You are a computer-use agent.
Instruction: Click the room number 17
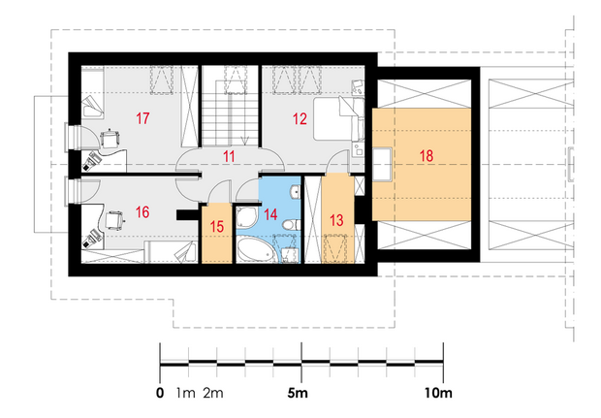(x=142, y=118)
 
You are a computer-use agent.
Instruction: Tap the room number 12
(x=300, y=119)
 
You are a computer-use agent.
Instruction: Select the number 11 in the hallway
(x=229, y=156)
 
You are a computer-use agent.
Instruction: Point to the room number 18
(x=427, y=156)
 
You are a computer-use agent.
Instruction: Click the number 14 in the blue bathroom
(x=270, y=214)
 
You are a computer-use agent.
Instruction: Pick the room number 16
(x=142, y=212)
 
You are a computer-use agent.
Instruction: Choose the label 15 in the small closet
(x=216, y=226)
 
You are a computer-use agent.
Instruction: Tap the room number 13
(x=336, y=220)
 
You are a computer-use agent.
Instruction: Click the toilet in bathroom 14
(x=291, y=224)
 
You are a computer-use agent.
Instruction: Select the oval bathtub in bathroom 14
(x=256, y=250)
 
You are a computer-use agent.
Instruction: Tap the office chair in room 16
(x=114, y=220)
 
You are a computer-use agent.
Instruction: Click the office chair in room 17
(x=110, y=139)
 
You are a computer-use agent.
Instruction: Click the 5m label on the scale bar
(x=298, y=393)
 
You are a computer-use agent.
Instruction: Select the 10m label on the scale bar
(x=438, y=393)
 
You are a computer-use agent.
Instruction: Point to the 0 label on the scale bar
(x=160, y=393)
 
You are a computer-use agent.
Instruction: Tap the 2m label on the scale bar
(x=213, y=393)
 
